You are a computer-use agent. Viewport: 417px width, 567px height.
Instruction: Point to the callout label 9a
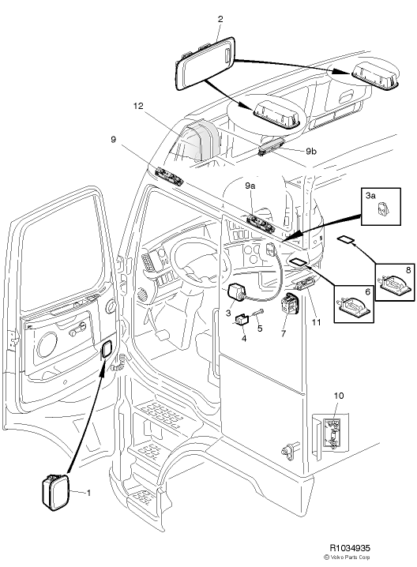(250, 184)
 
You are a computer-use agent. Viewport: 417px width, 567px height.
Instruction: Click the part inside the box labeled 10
(333, 434)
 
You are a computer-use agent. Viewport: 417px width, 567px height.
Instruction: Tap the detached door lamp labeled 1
(54, 492)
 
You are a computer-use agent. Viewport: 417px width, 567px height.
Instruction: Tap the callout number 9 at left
(113, 140)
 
